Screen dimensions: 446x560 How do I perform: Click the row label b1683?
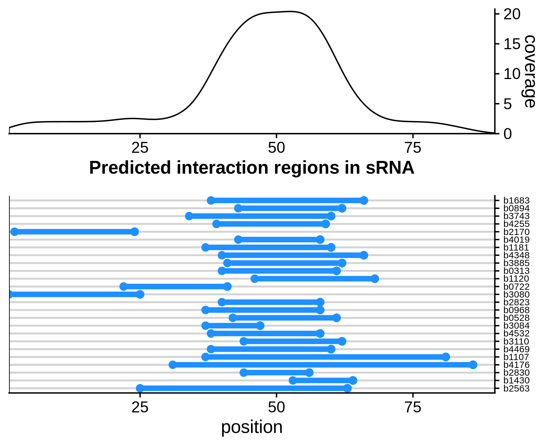(516, 201)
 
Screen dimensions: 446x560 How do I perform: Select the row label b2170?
(516, 232)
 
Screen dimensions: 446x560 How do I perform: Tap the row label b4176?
(516, 365)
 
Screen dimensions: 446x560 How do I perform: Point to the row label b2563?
(516, 388)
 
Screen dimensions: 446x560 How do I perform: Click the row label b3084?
(516, 326)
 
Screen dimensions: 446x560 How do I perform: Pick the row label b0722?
(516, 287)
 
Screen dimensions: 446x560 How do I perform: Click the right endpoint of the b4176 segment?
(473, 365)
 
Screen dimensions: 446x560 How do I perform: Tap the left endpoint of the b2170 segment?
(14, 232)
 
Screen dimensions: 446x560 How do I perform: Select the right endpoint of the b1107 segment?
(446, 357)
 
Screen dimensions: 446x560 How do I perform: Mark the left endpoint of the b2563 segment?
(140, 388)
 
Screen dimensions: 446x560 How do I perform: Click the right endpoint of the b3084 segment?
(260, 326)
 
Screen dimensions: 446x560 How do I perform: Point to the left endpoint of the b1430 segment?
(293, 380)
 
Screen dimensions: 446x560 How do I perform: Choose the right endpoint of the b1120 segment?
(375, 279)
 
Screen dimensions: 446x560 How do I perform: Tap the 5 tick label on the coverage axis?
(508, 104)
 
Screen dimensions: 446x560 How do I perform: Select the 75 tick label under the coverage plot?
(413, 148)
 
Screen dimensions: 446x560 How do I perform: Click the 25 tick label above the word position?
(140, 408)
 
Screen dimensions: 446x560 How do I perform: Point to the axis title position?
(252, 427)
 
